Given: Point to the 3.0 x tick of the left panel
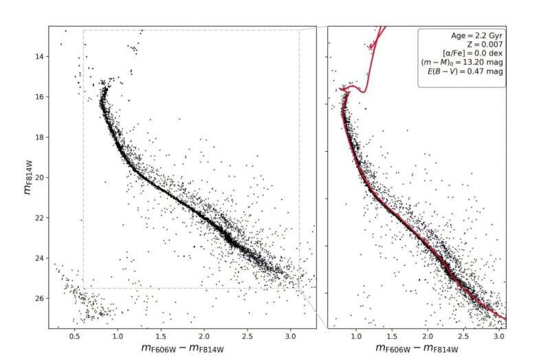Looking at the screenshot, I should [x=290, y=336].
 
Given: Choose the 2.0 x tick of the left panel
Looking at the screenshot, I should [x=203, y=336].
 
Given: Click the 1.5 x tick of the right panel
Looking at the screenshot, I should [x=392, y=336].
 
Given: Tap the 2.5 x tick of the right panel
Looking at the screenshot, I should [x=463, y=336].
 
